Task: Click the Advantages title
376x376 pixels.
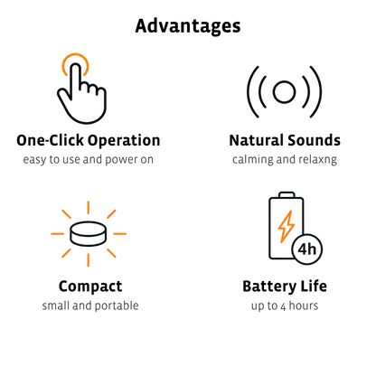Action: (x=188, y=26)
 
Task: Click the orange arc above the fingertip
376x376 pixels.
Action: (x=75, y=57)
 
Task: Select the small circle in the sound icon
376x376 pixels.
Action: (x=284, y=91)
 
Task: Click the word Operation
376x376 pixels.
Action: (x=124, y=141)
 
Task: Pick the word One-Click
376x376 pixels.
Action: (x=50, y=141)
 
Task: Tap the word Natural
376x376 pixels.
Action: (x=255, y=141)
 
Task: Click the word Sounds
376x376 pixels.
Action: (x=314, y=141)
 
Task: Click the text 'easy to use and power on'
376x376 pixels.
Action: (x=89, y=160)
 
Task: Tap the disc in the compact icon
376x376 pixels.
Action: (x=89, y=234)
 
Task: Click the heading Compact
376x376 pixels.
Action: (x=90, y=287)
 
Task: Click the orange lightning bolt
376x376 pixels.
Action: (x=286, y=227)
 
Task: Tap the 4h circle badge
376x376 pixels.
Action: (x=307, y=249)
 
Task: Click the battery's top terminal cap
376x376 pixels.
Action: (x=287, y=194)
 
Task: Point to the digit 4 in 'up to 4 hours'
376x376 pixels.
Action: (x=283, y=307)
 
